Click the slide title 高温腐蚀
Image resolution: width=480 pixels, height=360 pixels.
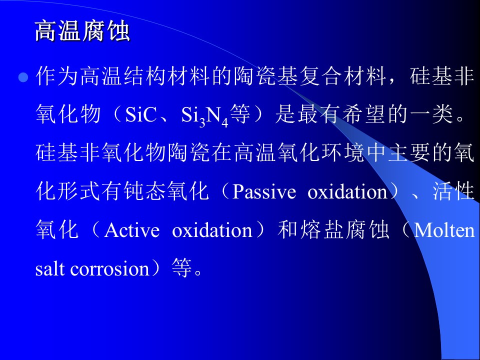point(82,31)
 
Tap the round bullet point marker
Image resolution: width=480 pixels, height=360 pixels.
point(23,77)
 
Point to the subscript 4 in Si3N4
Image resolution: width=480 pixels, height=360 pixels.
point(225,123)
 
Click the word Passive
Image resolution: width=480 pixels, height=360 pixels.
point(264,192)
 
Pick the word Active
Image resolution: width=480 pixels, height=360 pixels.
point(132,230)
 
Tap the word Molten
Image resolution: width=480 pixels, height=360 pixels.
point(444,230)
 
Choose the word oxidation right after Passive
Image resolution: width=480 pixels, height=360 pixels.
point(347,192)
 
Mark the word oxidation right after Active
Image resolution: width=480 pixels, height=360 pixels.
point(212,230)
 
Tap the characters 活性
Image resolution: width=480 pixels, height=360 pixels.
point(453,191)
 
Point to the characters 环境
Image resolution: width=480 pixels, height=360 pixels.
point(342,153)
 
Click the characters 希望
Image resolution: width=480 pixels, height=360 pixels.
point(363,114)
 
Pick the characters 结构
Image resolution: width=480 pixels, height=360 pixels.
point(145,76)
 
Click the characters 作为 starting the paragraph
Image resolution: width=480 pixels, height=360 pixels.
point(56,76)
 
